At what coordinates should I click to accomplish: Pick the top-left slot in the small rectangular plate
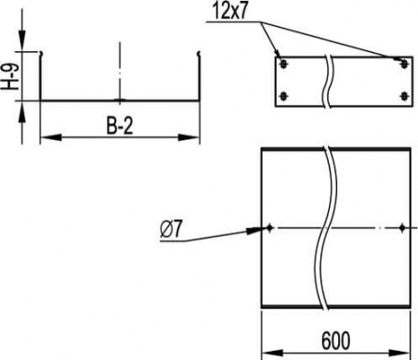click(x=285, y=64)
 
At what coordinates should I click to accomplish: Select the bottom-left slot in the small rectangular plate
click(x=285, y=96)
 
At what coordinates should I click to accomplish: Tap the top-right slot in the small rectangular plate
click(x=402, y=64)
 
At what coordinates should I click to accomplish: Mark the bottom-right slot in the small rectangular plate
click(x=402, y=96)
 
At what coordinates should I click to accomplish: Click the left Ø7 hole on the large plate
click(x=268, y=227)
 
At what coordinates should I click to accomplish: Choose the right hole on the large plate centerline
click(x=400, y=227)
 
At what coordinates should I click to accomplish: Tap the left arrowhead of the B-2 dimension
click(x=46, y=138)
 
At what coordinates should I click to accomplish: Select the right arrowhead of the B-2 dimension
click(x=194, y=138)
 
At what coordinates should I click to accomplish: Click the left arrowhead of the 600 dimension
click(x=265, y=350)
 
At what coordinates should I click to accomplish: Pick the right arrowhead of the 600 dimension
click(x=404, y=350)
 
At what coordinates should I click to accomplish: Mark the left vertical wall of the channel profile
click(x=42, y=79)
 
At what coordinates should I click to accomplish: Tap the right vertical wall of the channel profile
click(x=199, y=79)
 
